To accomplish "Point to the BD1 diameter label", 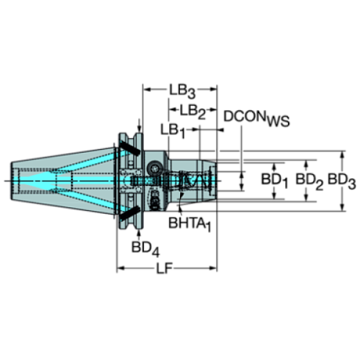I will pos(274,179).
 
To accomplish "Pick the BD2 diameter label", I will pos(308,179).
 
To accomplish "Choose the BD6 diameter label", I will pos(342,179).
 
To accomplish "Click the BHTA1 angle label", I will pos(190,222).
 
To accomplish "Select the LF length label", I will pos(165,269).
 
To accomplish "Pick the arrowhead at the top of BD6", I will pos(342,156).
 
